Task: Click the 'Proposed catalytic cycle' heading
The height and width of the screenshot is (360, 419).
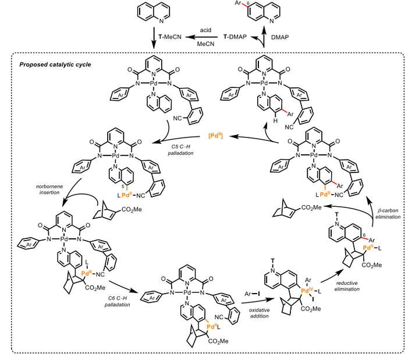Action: [55, 65]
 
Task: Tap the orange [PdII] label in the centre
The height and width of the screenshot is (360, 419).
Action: [215, 136]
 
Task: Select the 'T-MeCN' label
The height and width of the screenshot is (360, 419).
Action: [170, 37]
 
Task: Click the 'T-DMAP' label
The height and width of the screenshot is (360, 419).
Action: [235, 37]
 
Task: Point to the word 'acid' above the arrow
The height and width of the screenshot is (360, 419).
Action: [205, 30]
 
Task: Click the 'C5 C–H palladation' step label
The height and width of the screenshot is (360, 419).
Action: [180, 150]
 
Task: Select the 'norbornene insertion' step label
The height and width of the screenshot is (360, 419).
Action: [49, 189]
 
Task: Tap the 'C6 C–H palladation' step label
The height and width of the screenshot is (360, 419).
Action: [118, 301]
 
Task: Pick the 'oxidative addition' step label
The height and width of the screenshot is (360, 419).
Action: [259, 313]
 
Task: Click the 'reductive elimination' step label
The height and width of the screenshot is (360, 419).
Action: [347, 286]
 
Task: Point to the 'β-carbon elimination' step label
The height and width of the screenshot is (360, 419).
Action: [388, 214]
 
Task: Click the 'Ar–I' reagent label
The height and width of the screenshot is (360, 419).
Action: [252, 294]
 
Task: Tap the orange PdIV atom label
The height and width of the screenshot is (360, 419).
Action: [307, 290]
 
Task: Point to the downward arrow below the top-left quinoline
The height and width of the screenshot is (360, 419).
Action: [154, 38]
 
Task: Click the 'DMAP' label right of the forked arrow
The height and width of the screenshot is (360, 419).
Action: [280, 37]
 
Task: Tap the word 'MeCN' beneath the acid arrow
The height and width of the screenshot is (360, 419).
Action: [205, 44]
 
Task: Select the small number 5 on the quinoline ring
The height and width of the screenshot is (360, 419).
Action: [123, 186]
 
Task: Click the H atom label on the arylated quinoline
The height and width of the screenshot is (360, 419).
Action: [275, 121]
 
